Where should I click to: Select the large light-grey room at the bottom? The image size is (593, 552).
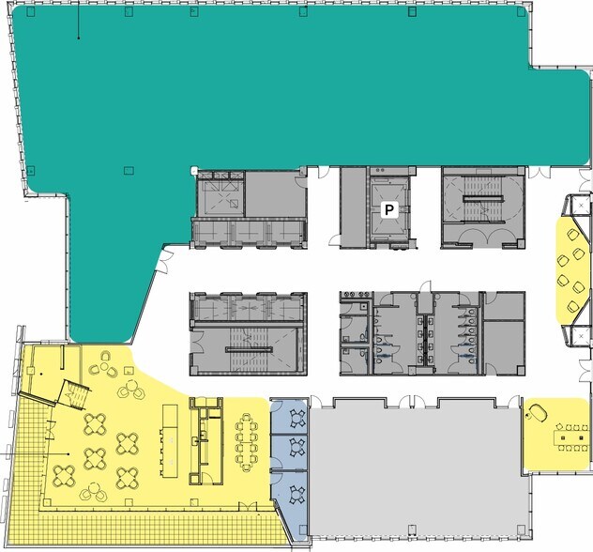tap(413, 469)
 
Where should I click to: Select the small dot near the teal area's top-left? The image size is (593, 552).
tap(78, 38)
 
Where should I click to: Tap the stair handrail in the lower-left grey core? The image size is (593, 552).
tap(248, 348)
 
